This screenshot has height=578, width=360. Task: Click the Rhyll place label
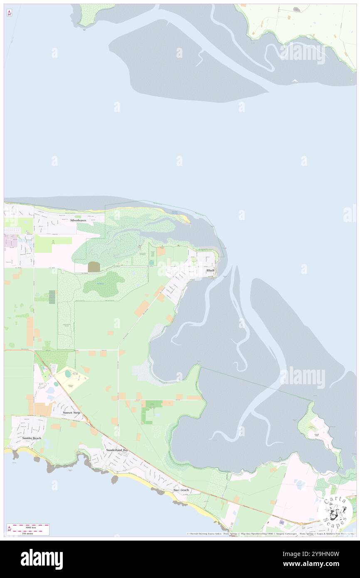210,270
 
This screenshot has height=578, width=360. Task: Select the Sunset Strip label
71,413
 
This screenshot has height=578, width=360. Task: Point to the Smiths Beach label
32,438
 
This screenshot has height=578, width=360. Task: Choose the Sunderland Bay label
117,450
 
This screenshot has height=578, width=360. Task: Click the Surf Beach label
181,490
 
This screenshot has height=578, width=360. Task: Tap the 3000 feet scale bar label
28,526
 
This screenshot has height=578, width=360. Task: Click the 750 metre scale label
28,533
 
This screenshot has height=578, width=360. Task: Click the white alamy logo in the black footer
42,559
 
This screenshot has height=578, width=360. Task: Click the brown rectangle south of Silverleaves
93,267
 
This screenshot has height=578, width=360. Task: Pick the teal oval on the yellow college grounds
68,375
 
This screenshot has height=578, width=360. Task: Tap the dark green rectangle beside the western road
52,297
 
